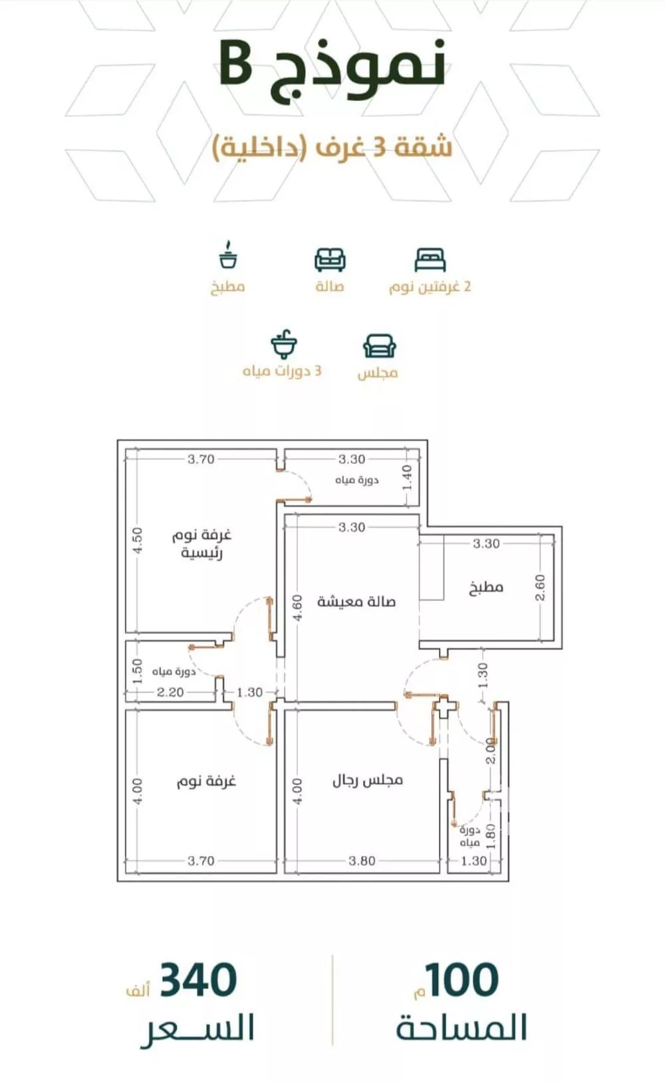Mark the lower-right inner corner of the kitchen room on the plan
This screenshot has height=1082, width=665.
[x=554, y=641]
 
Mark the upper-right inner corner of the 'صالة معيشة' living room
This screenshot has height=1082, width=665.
[x=418, y=515]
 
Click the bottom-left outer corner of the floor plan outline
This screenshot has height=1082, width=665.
[x=118, y=881]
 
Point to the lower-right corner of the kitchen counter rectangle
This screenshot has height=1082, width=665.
[x=444, y=600]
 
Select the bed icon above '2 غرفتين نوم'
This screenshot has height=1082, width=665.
[x=430, y=261]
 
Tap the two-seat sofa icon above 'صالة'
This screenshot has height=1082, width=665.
[x=330, y=260]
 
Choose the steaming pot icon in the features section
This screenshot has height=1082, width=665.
[x=228, y=255]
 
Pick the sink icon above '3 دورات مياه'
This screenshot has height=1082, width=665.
[x=284, y=344]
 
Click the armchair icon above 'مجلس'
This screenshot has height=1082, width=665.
[x=379, y=346]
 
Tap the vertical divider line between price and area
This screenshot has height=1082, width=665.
[x=332, y=1000]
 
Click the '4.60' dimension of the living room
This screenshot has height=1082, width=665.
[x=298, y=607]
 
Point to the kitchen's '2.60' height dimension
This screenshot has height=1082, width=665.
[x=541, y=588]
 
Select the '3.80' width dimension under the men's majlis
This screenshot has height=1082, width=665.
[x=362, y=860]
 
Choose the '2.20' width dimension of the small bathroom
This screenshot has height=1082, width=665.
[x=170, y=692]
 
